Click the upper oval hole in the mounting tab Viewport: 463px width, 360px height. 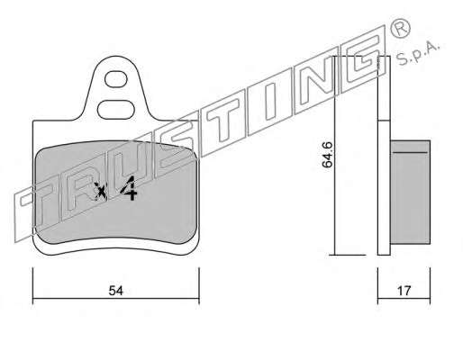tap(116, 79)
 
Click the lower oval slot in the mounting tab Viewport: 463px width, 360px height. tap(115, 110)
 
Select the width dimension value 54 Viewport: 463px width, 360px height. tap(116, 291)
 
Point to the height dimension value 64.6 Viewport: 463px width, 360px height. tap(327, 155)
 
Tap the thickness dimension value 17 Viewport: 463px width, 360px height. tap(404, 291)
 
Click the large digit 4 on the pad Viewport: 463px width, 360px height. tap(129, 188)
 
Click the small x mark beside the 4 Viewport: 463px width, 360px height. tap(100, 191)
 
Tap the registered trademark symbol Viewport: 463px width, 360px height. tap(400, 28)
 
